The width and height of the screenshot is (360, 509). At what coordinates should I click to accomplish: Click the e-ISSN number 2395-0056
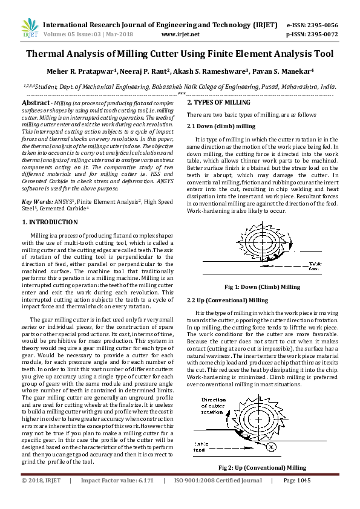click(x=321, y=25)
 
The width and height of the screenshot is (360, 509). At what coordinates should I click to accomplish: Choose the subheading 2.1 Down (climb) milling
click(x=221, y=125)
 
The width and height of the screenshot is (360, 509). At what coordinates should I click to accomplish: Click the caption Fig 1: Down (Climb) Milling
click(x=261, y=287)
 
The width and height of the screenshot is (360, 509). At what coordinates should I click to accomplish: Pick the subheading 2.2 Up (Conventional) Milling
click(x=227, y=300)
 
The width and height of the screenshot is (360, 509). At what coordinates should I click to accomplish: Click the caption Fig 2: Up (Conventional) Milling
click(x=262, y=467)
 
